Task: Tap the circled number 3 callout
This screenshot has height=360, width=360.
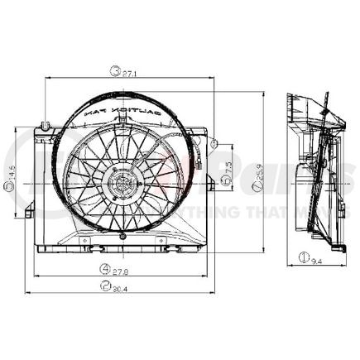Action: coord(116,72)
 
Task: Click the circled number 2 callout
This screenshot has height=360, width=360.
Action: coord(106,287)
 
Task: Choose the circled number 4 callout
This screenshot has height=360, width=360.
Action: coord(106,268)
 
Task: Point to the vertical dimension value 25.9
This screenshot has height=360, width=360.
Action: coord(259,173)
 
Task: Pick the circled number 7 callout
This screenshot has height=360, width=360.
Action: coord(258,190)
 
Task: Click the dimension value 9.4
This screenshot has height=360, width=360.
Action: coord(318,262)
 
